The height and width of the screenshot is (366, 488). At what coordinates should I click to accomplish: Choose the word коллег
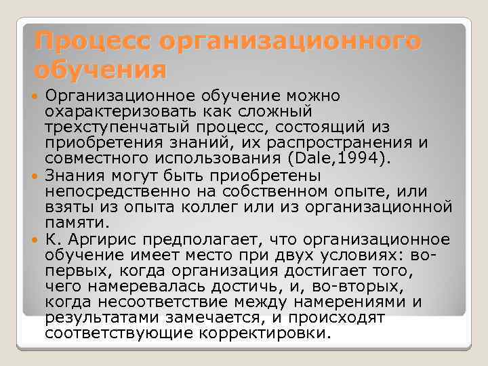(x=232, y=207)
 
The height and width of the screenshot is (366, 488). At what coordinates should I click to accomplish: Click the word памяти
(x=75, y=222)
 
